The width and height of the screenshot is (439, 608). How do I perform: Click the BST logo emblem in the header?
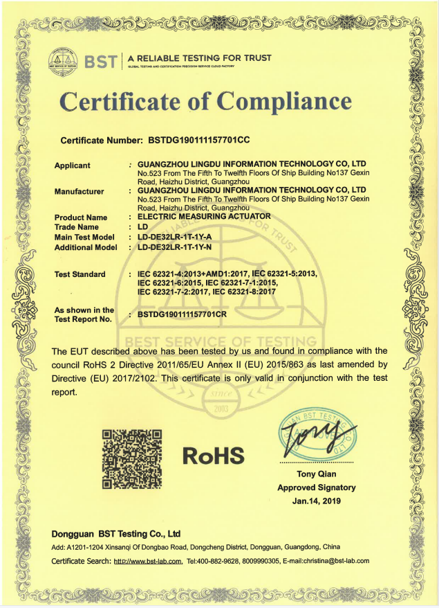64,62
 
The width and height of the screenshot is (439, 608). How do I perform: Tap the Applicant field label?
72,166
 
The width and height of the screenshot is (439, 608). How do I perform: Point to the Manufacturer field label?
79,191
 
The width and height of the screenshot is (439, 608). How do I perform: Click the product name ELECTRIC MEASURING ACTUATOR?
205,217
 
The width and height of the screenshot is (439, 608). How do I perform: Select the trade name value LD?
143,226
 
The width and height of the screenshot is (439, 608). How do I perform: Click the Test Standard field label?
80,274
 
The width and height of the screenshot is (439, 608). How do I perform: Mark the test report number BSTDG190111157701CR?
188,314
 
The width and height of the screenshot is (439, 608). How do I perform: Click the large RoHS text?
214,456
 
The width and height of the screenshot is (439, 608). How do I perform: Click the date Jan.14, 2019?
317,500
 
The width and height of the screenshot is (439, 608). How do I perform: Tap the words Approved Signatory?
317,487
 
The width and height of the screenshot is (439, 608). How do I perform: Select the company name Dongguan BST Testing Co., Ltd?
116,534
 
